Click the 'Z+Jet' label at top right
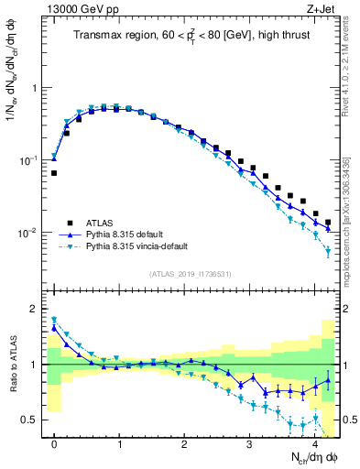point(320,10)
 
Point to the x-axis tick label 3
point(250,444)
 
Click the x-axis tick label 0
point(54,444)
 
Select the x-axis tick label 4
point(315,444)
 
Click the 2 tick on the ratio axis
point(37,309)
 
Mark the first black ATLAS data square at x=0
point(54,173)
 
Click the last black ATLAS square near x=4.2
point(328,223)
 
